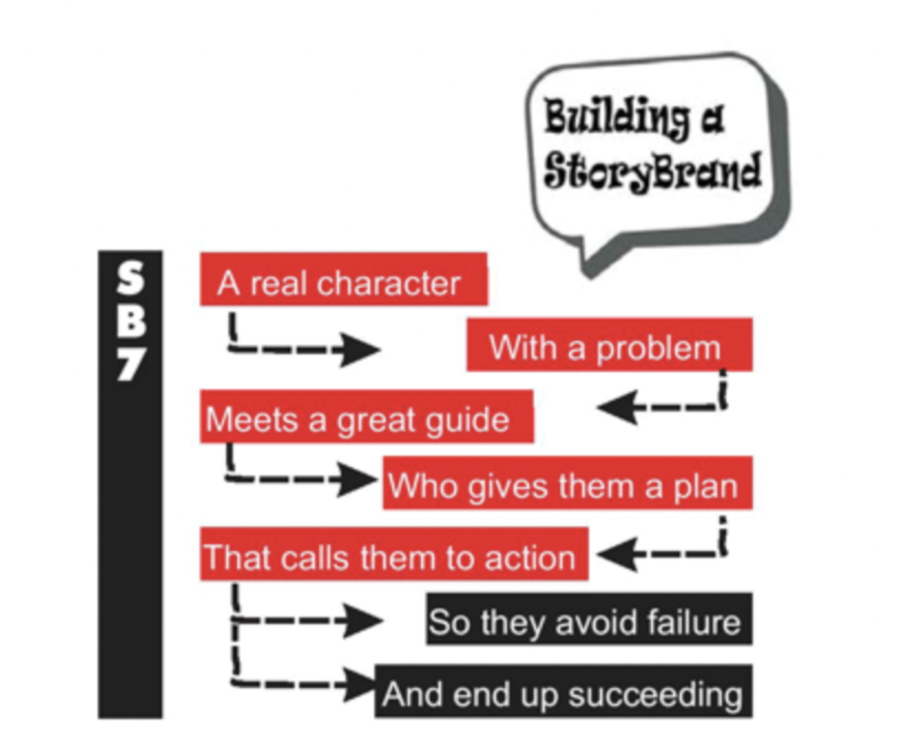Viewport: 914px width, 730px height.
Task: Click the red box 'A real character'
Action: click(x=343, y=280)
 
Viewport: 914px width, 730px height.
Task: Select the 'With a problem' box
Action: click(x=609, y=345)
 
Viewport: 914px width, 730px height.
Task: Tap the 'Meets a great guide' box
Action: click(x=366, y=417)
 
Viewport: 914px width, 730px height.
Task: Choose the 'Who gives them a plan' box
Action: click(x=567, y=483)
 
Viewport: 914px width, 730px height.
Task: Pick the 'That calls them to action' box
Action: click(x=394, y=555)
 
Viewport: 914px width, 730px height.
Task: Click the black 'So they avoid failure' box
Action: click(x=589, y=620)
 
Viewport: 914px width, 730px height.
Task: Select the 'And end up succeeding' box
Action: click(x=563, y=692)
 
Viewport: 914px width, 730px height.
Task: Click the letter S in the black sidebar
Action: click(x=130, y=278)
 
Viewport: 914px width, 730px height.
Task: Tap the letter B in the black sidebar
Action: click(x=130, y=321)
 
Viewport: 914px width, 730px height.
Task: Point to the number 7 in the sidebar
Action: click(x=130, y=363)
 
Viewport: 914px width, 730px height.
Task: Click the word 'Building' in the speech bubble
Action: click(x=614, y=118)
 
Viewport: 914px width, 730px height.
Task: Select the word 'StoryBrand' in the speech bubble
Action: click(x=652, y=170)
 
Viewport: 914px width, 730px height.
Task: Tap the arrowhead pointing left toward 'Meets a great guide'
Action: click(x=616, y=406)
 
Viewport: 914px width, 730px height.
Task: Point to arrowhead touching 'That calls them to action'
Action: click(x=616, y=553)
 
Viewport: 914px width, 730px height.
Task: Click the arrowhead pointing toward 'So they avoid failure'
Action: click(x=362, y=620)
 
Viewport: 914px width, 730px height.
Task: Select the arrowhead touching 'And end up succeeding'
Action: click(x=358, y=683)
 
